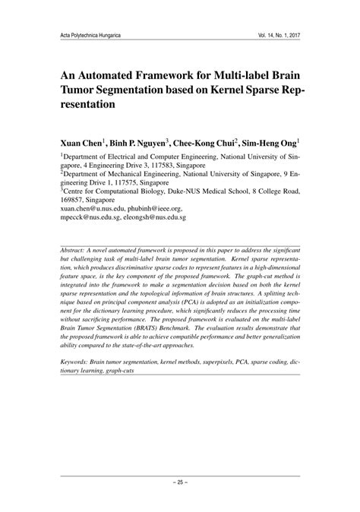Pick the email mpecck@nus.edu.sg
pyautogui.click(x=93, y=216)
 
